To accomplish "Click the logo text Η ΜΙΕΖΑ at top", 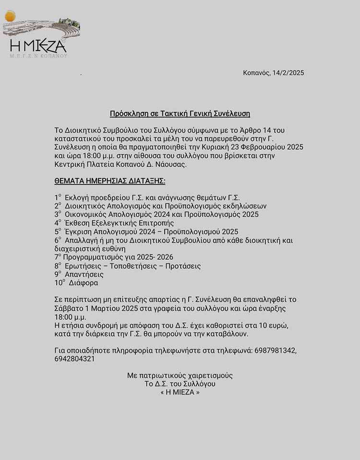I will tap(38, 46).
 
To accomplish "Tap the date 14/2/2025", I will tap(288, 73).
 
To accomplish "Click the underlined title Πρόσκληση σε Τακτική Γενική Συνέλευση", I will tap(180, 114).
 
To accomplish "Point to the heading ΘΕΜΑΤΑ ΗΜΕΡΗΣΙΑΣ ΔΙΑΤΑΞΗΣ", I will tap(110, 181).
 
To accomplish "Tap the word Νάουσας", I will tap(169, 165).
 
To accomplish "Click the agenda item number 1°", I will tap(58, 197).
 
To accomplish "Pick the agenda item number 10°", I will tap(60, 283).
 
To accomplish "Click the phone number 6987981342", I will tap(275, 351).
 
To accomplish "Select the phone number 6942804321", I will tap(74, 359).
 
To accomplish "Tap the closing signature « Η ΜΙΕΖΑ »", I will tap(180, 392).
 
